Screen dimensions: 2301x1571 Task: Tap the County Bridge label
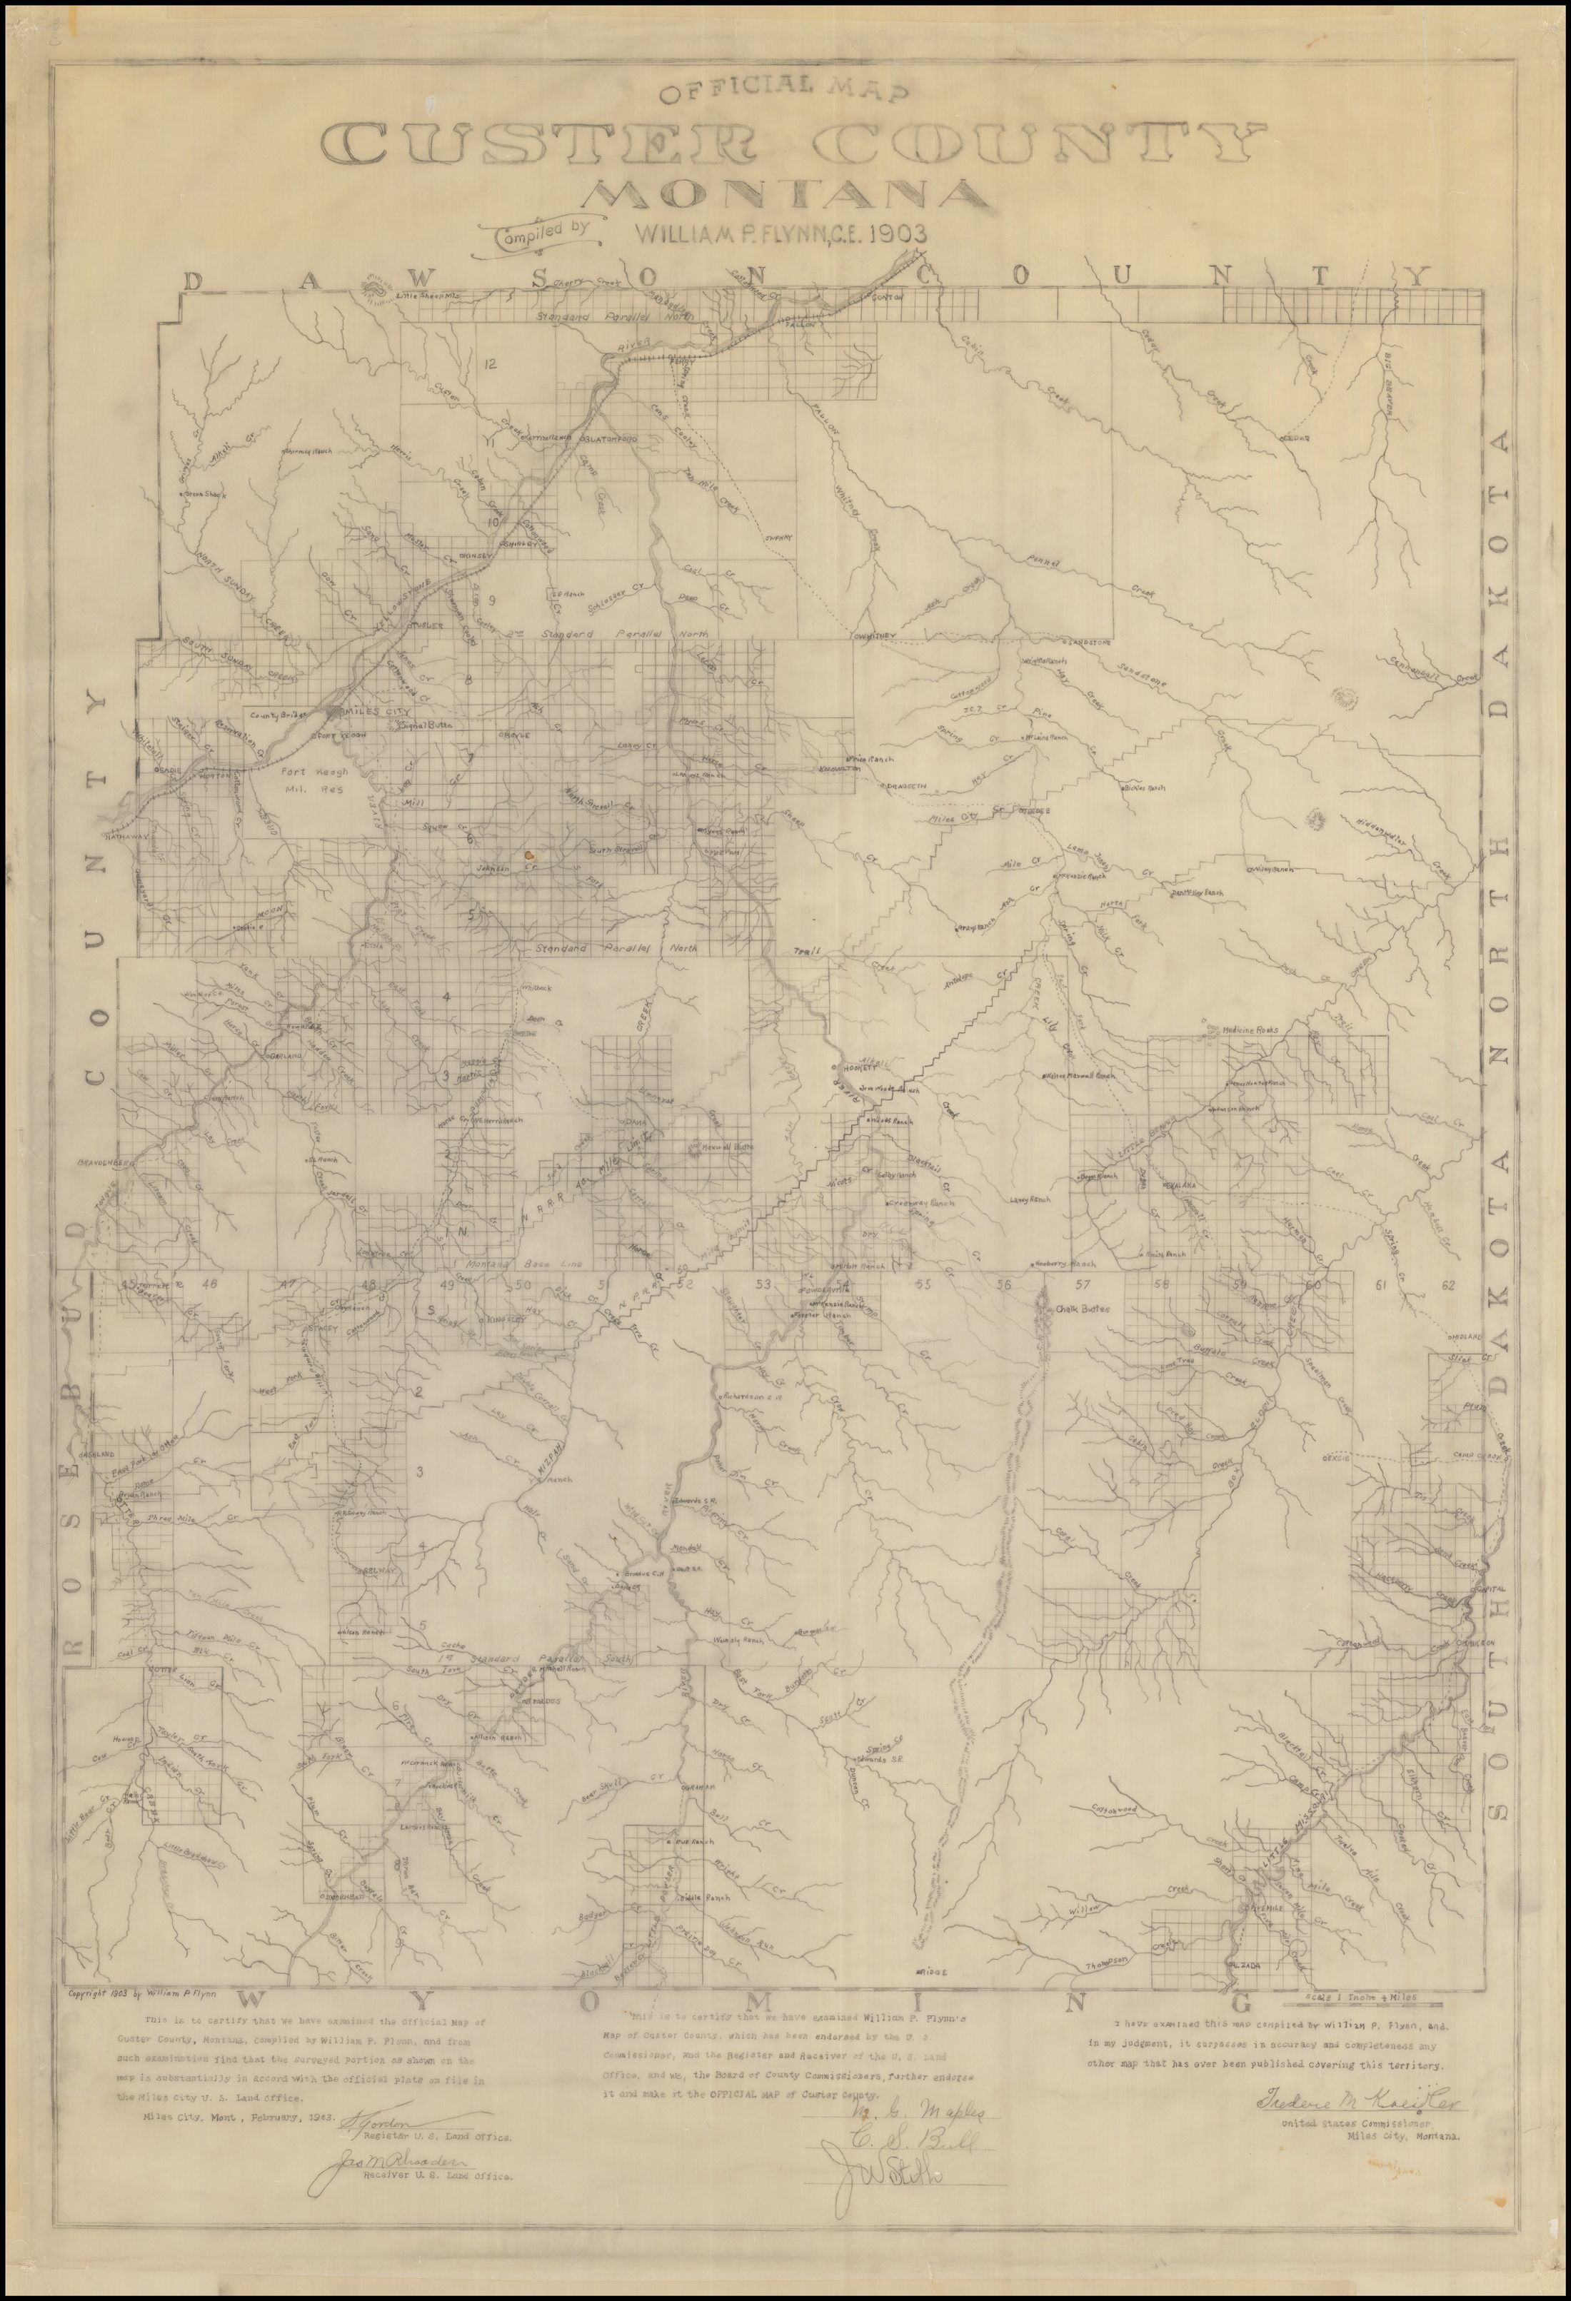point(281,713)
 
